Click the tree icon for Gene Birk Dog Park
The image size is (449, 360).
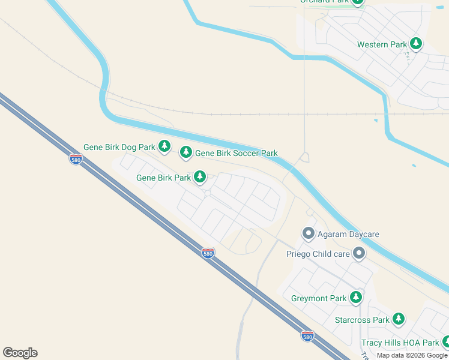coord(164,146)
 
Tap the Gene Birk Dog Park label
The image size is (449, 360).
coord(119,147)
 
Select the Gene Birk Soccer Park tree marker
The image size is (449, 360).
coord(186,153)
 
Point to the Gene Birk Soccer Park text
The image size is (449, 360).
coord(237,154)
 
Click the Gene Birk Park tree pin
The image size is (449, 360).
coord(200,177)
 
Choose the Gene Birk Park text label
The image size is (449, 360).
coord(163,178)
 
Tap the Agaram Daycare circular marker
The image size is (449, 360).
coord(309,233)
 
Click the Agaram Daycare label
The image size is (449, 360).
coord(349,234)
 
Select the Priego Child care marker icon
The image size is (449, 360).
coord(359,254)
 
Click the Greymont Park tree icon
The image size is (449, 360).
coord(357,298)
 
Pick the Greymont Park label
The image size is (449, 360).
coord(319,298)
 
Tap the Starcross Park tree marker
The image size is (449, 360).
coord(399,319)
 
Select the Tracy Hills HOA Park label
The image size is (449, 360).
coord(400,343)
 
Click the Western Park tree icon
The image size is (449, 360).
coord(415,44)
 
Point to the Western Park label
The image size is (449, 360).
coord(382,44)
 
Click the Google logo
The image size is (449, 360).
coord(20,353)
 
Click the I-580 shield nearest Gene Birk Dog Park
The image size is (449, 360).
coord(76,159)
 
